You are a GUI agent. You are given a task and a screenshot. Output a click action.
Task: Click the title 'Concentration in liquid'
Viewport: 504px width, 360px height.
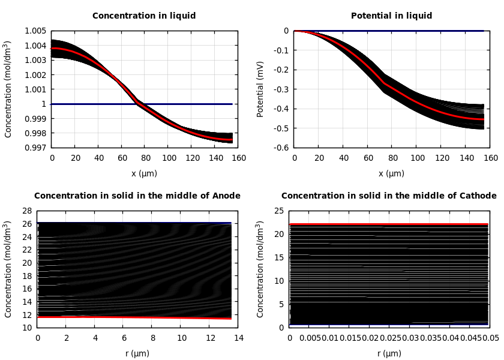144,16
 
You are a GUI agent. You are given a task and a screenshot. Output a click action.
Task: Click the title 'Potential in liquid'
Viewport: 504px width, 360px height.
391,16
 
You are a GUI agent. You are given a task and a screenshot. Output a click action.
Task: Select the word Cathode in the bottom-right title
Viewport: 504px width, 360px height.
477,196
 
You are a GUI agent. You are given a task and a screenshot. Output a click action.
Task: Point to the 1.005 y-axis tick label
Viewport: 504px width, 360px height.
35,31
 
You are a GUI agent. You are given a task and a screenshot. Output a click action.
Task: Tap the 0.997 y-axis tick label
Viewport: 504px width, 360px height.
35,148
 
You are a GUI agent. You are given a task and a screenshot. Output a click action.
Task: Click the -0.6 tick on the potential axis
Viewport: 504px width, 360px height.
280,148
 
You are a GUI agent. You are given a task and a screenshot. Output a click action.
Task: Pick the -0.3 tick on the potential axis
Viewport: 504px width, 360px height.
280,89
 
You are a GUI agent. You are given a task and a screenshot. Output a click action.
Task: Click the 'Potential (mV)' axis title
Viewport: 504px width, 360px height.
260,89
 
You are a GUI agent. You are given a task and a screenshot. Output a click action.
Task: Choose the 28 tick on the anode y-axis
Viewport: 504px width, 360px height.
26,211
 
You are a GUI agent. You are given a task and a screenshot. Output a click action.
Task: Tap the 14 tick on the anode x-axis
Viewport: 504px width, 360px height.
239,338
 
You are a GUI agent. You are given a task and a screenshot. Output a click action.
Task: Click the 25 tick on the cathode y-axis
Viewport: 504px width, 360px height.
279,211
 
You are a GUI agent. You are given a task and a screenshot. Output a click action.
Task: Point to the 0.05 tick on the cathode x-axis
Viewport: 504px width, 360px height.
491,338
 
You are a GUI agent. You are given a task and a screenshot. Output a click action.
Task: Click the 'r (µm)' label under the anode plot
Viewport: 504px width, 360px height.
137,353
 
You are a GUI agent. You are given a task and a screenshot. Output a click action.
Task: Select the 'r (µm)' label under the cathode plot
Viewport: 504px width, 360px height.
389,353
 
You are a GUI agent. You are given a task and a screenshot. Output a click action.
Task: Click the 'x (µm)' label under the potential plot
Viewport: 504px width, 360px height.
391,173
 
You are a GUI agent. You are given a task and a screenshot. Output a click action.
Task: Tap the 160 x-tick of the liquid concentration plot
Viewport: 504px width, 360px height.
239,158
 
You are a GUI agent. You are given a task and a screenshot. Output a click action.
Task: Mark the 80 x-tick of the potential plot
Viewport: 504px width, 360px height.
392,158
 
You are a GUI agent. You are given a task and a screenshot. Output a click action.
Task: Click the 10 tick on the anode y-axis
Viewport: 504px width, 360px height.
26,328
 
